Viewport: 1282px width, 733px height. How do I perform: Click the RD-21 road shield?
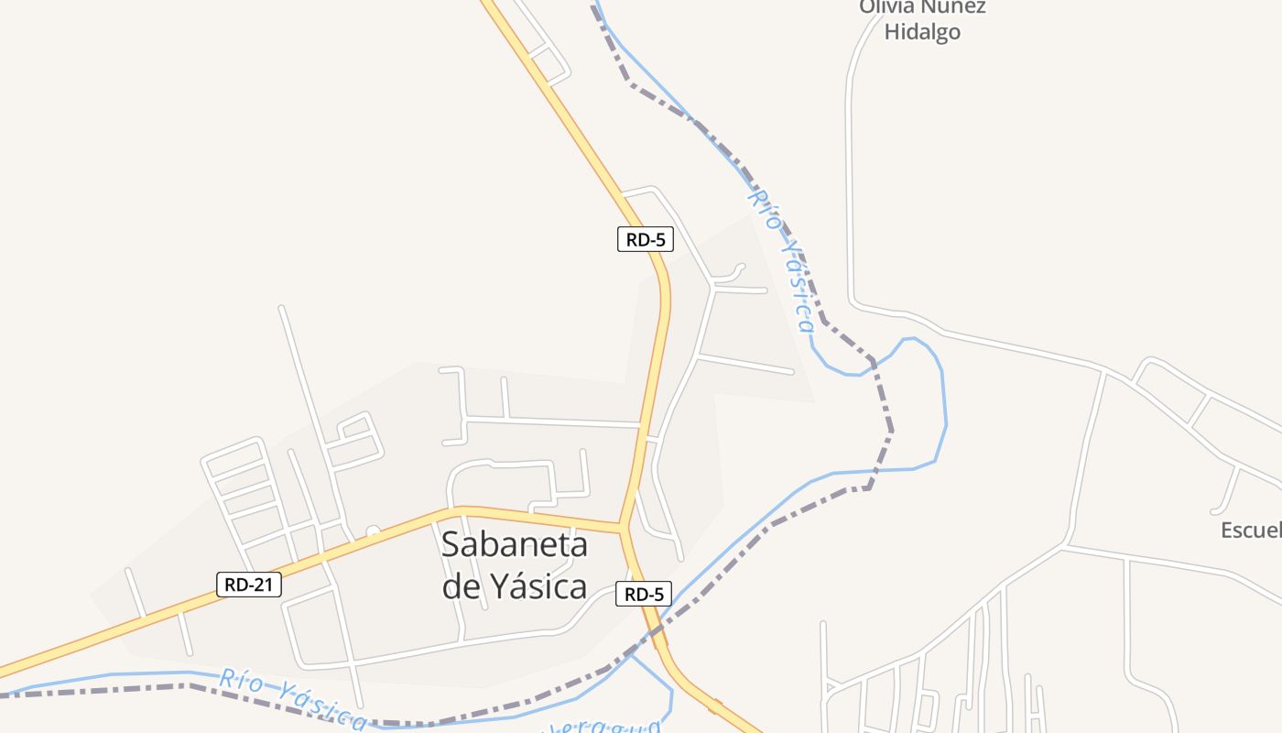[249, 585]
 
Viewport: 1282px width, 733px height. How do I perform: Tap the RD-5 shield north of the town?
[645, 240]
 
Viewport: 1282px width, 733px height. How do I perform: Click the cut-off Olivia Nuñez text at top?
[921, 7]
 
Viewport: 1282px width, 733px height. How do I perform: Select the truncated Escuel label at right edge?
[1251, 531]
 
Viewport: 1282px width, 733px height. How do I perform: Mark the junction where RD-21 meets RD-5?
[623, 527]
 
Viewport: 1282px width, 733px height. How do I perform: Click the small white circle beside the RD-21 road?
[373, 531]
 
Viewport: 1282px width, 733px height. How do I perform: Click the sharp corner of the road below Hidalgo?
[853, 302]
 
